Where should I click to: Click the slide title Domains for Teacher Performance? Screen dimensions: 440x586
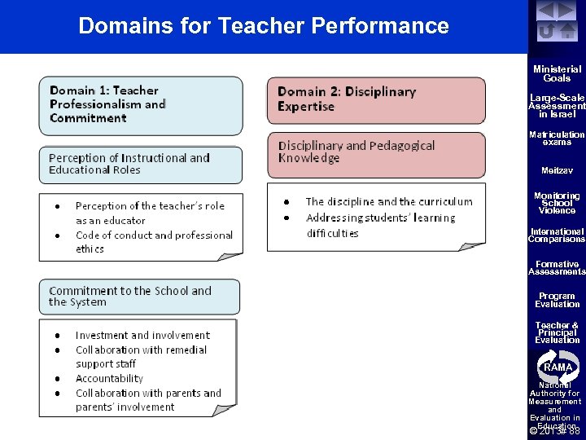(263, 26)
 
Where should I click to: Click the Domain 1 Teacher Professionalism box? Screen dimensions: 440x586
(141, 105)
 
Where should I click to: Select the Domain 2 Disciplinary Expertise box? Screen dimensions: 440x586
(376, 99)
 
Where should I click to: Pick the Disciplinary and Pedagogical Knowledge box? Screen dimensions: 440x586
(376, 152)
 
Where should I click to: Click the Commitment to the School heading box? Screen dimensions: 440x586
(140, 297)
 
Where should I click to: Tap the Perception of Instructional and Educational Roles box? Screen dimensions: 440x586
(140, 164)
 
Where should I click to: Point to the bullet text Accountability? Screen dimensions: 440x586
(109, 379)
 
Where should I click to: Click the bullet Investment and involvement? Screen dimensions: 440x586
(142, 335)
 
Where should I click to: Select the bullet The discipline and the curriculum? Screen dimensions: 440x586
(388, 201)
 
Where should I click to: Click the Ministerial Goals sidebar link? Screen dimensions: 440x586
(557, 74)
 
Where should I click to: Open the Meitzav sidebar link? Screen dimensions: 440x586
(557, 170)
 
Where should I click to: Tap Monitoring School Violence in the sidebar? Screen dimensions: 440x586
(557, 203)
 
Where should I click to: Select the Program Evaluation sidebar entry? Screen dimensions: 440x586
(557, 300)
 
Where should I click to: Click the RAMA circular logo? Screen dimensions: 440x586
(558, 366)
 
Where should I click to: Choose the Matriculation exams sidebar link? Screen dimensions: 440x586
(557, 138)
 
